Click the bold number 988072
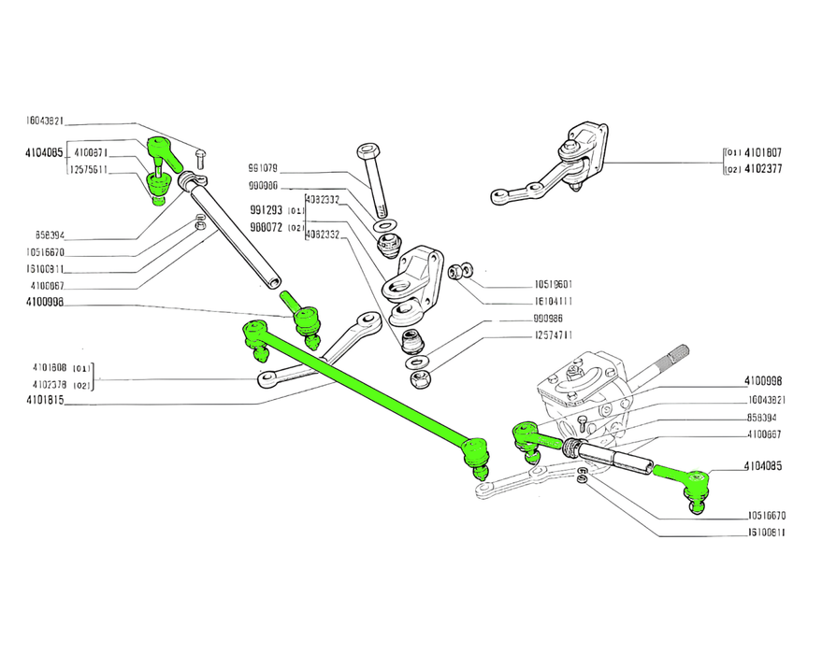click(266, 227)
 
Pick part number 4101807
click(763, 153)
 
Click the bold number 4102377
click(763, 169)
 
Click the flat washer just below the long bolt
click(383, 227)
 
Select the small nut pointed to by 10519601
click(456, 271)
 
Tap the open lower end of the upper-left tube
click(271, 279)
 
